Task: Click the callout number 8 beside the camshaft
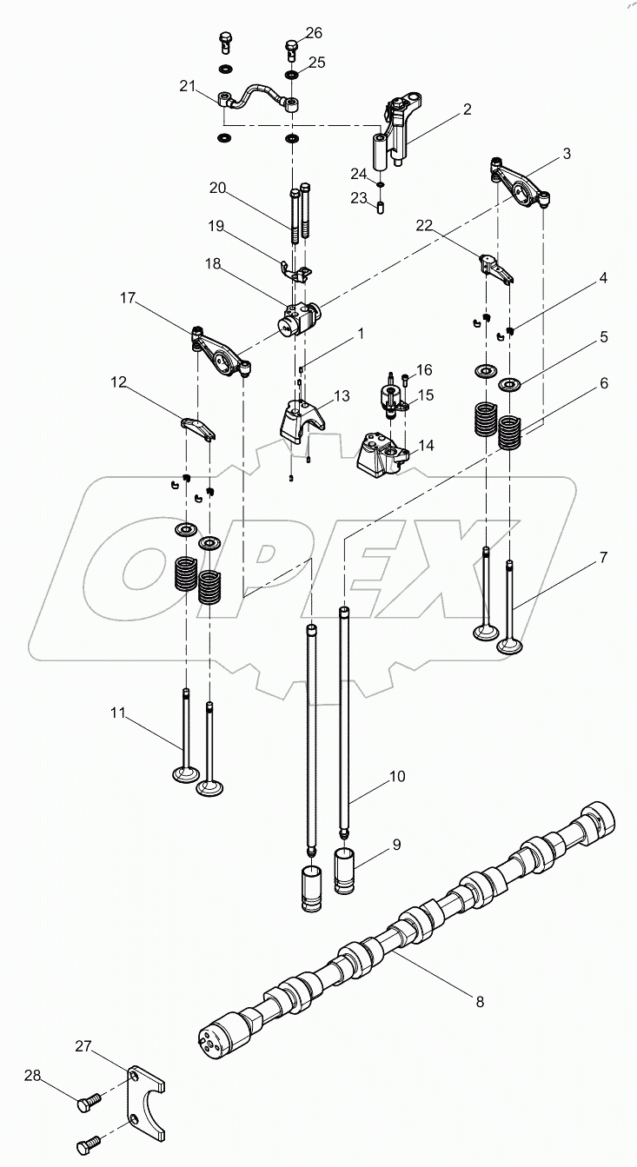point(479,1002)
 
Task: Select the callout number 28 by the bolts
point(33,1077)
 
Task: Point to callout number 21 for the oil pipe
point(189,84)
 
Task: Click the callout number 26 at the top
point(313,33)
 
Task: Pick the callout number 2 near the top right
point(467,109)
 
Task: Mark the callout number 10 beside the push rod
point(396,776)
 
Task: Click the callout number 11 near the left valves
point(118,713)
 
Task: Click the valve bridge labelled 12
point(198,427)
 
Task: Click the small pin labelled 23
point(381,206)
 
